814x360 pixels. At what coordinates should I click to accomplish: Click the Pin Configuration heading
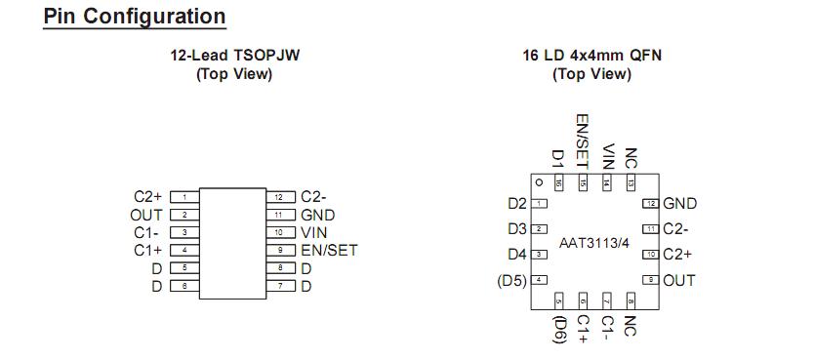(x=135, y=17)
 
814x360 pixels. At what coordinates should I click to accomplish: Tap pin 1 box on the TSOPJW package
(x=184, y=197)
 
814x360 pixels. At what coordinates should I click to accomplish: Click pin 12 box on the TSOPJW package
(x=280, y=197)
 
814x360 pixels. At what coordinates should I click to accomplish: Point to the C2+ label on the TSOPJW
(x=148, y=197)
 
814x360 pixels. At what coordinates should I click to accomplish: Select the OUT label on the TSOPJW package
(x=146, y=215)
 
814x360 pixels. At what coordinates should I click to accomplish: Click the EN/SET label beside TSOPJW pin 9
(x=329, y=251)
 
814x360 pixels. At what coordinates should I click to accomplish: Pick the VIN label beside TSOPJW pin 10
(x=314, y=233)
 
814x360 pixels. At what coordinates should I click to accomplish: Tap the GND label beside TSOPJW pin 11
(x=318, y=216)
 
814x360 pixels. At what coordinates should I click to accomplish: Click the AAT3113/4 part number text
(x=594, y=242)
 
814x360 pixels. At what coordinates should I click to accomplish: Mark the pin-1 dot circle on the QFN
(x=537, y=182)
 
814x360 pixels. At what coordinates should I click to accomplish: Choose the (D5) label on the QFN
(x=511, y=281)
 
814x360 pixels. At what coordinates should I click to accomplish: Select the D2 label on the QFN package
(x=516, y=204)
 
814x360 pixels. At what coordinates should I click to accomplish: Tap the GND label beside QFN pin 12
(x=679, y=204)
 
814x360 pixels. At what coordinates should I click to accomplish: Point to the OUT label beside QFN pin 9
(x=679, y=281)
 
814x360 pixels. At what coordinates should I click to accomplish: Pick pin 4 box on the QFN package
(x=538, y=280)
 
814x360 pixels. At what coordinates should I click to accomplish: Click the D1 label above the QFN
(x=558, y=158)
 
